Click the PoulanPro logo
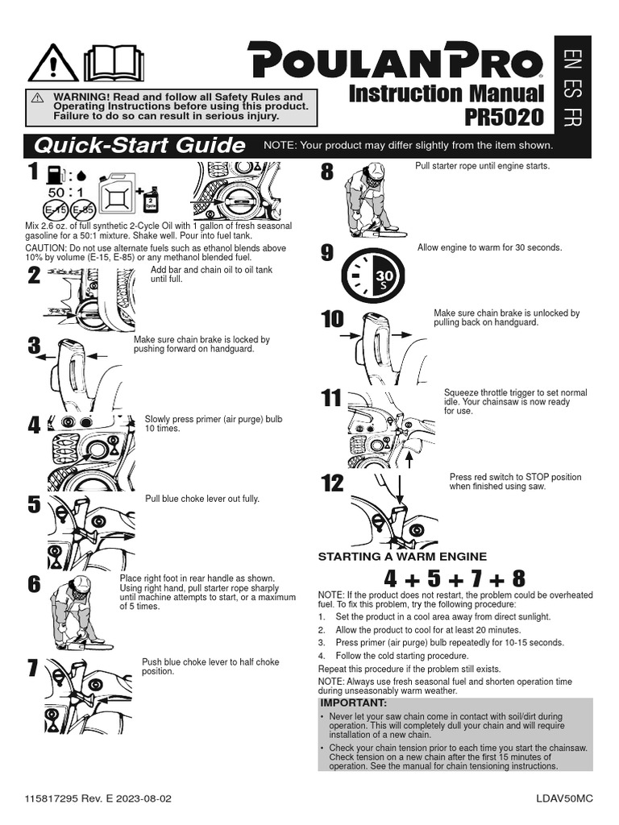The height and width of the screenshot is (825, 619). [x=395, y=61]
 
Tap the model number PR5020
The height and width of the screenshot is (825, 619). [x=504, y=118]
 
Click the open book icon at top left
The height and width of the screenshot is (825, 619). [x=114, y=63]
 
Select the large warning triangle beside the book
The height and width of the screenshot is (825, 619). [x=53, y=63]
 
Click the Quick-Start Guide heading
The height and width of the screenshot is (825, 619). [x=135, y=146]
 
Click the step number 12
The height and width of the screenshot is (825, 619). [x=332, y=483]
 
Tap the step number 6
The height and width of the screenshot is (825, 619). [x=33, y=585]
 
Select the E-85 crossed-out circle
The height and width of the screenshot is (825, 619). [x=82, y=210]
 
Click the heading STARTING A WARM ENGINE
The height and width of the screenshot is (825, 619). [x=402, y=557]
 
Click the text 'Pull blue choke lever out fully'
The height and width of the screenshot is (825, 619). [x=202, y=499]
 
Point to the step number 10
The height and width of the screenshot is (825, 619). [x=332, y=319]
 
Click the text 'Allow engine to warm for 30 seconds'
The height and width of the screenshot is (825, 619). [x=489, y=247]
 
